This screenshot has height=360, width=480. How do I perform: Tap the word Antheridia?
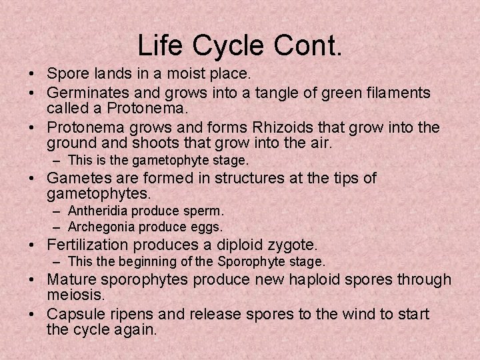pyautogui.click(x=97, y=211)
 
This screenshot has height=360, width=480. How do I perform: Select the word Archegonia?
pyautogui.click(x=99, y=227)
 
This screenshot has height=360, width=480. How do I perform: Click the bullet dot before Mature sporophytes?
pyautogui.click(x=34, y=279)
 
